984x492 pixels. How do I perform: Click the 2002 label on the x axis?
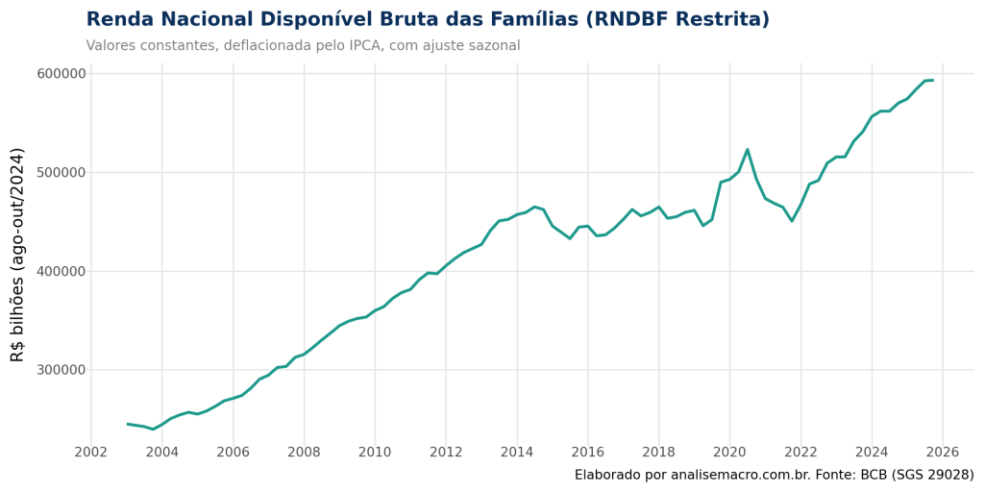(90, 452)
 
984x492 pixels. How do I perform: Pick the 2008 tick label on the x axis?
(304, 452)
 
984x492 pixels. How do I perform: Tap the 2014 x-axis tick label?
(517, 452)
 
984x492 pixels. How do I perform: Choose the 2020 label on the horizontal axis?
(729, 452)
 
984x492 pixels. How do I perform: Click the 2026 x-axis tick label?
(943, 452)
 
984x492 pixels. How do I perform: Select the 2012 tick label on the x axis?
(446, 452)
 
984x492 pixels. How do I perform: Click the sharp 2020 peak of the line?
(748, 150)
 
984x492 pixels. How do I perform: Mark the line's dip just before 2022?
(792, 220)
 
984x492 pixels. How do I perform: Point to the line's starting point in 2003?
(127, 423)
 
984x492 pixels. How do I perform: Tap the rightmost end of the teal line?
(933, 80)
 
